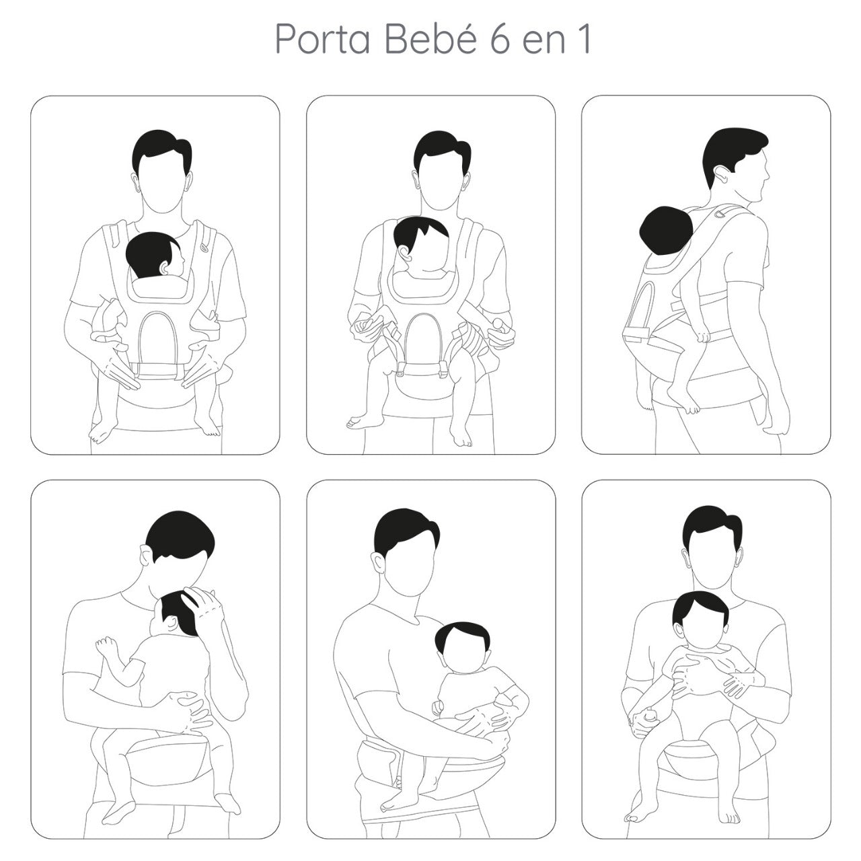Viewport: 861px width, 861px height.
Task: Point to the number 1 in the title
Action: (583, 40)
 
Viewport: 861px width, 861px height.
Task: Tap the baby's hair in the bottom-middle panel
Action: (464, 636)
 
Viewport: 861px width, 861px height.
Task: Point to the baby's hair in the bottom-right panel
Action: (700, 605)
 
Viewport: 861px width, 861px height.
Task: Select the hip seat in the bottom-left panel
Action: (172, 757)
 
